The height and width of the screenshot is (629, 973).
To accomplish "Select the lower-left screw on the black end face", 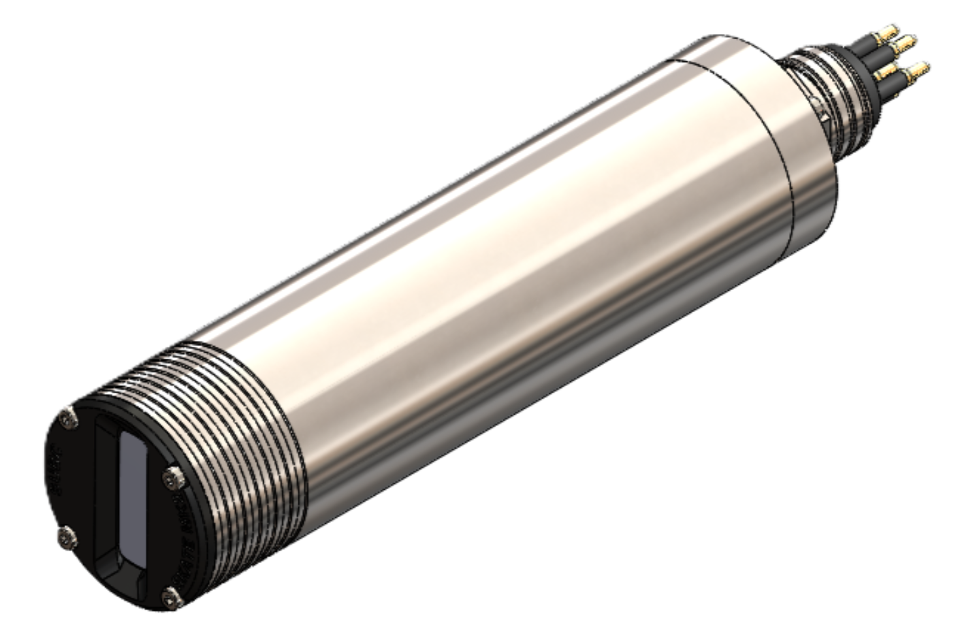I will tap(66, 539).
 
